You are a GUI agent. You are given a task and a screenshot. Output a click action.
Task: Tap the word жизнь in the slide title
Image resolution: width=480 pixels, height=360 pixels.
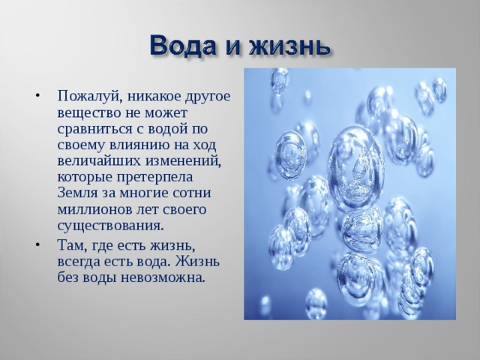click(x=289, y=46)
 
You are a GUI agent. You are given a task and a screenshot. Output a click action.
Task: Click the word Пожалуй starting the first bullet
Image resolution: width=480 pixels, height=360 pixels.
click(x=88, y=97)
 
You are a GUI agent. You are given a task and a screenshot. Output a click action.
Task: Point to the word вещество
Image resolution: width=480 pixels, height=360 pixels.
click(x=88, y=114)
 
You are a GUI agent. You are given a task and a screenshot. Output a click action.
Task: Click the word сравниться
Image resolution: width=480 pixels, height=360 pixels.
click(x=94, y=130)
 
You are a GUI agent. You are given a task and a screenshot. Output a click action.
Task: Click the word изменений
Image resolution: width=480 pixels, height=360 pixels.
click(x=183, y=162)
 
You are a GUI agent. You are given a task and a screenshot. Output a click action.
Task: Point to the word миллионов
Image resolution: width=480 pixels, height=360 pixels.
click(x=92, y=210)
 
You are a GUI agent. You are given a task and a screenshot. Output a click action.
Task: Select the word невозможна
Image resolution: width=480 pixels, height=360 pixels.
click(x=162, y=278)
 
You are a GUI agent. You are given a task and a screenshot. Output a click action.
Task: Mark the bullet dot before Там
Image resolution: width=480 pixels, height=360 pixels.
click(x=37, y=245)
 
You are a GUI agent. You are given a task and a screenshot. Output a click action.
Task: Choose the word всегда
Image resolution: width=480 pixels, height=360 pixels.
click(x=77, y=262)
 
